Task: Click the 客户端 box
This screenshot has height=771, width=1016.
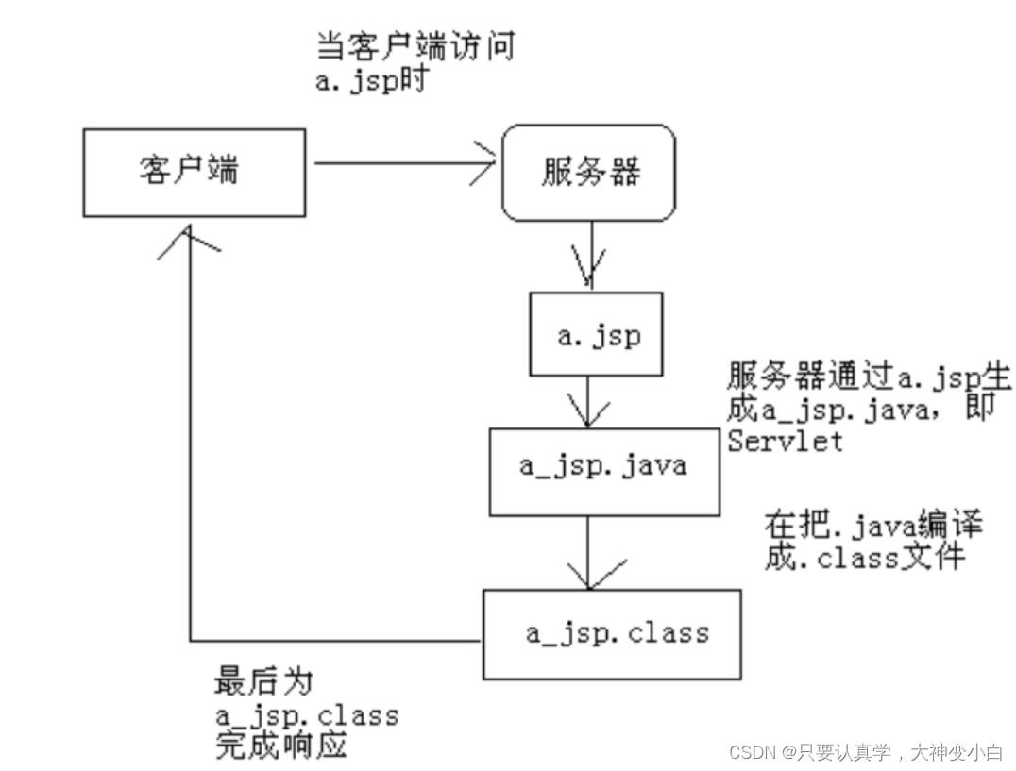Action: click(194, 173)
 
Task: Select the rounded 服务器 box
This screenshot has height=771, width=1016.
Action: click(588, 173)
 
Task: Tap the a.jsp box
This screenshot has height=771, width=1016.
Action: click(596, 334)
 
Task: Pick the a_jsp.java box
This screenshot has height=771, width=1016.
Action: click(603, 466)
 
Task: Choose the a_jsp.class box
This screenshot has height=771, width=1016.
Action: click(612, 633)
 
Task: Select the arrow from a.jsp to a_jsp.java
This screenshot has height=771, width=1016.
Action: click(589, 401)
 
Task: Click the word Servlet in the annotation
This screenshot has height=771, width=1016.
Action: click(784, 441)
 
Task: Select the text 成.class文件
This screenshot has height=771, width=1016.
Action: click(864, 557)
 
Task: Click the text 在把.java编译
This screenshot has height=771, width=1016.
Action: click(873, 525)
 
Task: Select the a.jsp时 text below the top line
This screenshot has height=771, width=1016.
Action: click(372, 79)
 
